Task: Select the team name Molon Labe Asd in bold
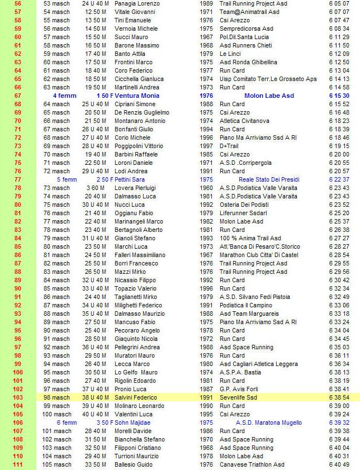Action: pos(269,96)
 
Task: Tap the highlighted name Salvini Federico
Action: pos(136,397)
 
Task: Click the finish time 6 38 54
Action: pos(339,397)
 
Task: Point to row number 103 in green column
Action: pos(17,397)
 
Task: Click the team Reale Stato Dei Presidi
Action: pos(269,179)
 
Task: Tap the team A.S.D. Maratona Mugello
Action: pos(269,422)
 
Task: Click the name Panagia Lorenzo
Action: pos(137,3)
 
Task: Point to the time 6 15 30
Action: pos(339,96)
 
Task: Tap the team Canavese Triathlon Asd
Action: pos(252,464)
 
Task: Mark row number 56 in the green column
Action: pos(17,3)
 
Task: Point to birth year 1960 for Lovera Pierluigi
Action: pos(206,188)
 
